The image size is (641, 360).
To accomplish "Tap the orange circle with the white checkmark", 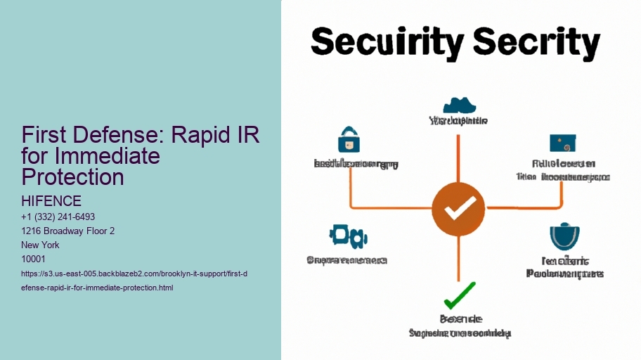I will [458, 208].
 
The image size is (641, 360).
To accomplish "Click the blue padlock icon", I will [349, 140].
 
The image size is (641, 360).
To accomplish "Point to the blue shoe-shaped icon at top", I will [460, 105].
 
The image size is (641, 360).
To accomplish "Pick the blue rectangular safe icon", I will [563, 143].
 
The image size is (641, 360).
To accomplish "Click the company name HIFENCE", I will [51, 201].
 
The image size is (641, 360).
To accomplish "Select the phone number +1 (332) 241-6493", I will [58, 217].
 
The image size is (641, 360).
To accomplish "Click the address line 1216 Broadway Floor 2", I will [68, 231].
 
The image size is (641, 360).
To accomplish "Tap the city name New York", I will [41, 245].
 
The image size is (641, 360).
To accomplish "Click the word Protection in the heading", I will [73, 176].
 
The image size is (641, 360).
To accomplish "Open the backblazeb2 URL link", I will [134, 280].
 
